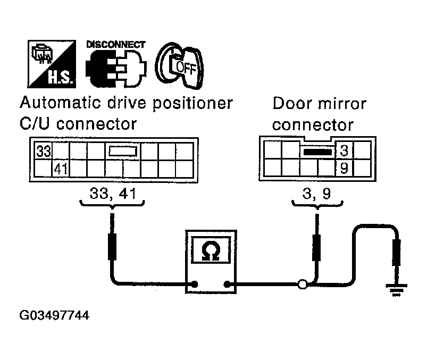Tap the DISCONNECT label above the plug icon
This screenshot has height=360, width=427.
(x=115, y=45)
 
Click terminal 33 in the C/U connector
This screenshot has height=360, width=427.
(x=43, y=152)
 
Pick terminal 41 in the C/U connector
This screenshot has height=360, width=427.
(x=60, y=170)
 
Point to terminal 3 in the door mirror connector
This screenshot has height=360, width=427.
(x=344, y=152)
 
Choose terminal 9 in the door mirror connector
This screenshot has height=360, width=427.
(x=344, y=169)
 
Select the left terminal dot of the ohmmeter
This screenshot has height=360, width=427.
(x=197, y=284)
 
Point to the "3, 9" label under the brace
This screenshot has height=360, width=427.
(x=317, y=194)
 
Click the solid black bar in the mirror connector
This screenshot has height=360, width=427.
(x=317, y=152)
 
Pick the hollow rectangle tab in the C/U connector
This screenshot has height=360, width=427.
(x=123, y=152)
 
